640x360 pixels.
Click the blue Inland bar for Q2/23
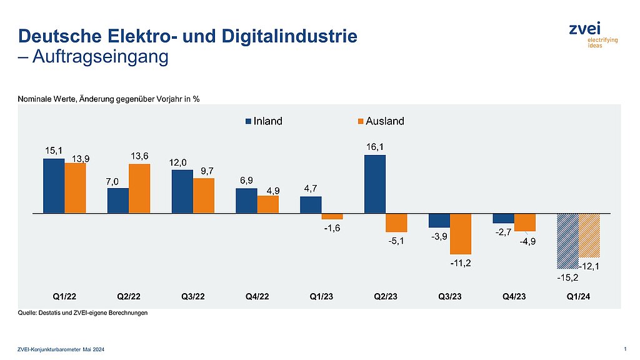point(375,184)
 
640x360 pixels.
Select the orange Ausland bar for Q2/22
point(139,189)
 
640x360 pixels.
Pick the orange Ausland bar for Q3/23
point(461,234)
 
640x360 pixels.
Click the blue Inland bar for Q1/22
point(54,186)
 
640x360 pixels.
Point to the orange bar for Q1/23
point(332,216)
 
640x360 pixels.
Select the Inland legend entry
point(264,121)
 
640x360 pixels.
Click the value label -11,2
point(461,263)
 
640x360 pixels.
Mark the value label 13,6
point(139,156)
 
